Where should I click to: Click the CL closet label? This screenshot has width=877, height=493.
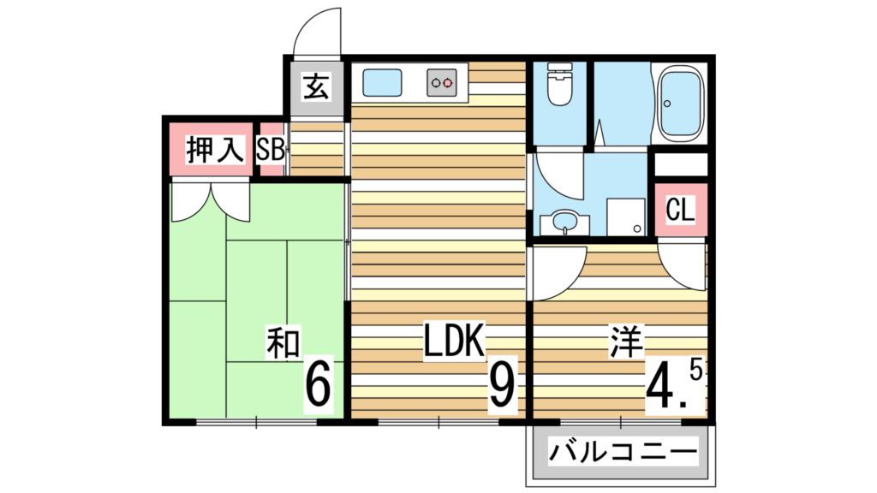click(680, 209)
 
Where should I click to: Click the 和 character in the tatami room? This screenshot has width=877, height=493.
click(283, 344)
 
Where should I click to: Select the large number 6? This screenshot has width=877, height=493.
click(318, 387)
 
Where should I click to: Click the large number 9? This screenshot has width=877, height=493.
click(503, 387)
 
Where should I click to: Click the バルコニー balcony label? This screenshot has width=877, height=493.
click(620, 452)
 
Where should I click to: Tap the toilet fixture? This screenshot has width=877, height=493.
click(559, 86)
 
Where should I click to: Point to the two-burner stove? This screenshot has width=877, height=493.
click(444, 83)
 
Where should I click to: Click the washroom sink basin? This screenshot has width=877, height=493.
click(564, 222)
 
